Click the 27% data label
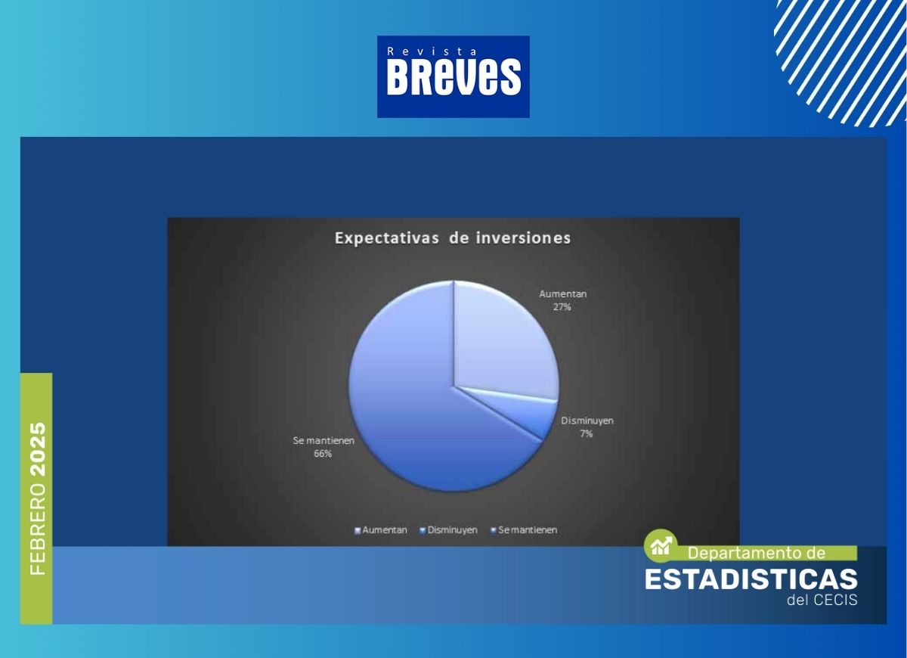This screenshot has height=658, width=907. tap(562, 307)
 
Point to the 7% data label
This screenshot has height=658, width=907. tap(587, 434)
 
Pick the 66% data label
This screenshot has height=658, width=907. tap(323, 454)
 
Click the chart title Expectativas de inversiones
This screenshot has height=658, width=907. tap(453, 237)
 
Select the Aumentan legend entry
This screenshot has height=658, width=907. tap(381, 530)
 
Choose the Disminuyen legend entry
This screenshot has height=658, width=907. tap(449, 530)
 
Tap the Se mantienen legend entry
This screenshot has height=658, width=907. tap(524, 530)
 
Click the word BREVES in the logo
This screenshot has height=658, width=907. tap(453, 76)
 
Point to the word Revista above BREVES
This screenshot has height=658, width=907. tap(432, 51)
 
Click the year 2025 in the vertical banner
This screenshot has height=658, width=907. tap(39, 449)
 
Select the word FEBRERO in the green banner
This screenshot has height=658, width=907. tap(39, 529)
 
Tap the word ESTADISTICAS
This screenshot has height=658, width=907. tap(751, 579)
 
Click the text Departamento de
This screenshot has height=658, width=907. tap(757, 553)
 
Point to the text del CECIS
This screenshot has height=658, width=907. tap(822, 600)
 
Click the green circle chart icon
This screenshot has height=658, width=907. tap(661, 546)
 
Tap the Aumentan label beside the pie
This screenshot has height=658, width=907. tap(562, 294)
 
